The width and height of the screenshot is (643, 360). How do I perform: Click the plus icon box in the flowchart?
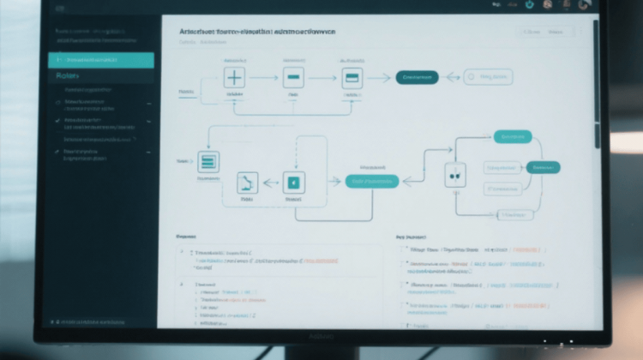[234, 78]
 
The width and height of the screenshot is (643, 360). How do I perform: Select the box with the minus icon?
[294, 78]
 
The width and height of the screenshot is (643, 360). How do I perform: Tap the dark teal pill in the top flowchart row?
[417, 77]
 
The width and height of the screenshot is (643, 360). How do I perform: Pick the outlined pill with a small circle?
[488, 77]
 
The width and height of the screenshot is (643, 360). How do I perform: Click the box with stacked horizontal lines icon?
[208, 162]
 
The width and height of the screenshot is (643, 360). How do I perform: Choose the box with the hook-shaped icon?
[247, 182]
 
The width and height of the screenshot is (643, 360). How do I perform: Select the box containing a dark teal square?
[294, 182]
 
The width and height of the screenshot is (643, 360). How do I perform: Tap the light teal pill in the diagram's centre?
[371, 181]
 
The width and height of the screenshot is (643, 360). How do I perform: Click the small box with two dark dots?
[454, 175]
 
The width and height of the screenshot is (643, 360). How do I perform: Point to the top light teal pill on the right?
[513, 136]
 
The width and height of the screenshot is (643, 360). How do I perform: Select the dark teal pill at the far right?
[542, 168]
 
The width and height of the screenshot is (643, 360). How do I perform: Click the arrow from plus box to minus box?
[264, 78]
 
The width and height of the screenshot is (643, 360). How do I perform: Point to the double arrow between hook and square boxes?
[270, 182]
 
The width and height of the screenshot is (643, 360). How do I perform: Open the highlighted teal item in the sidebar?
[101, 60]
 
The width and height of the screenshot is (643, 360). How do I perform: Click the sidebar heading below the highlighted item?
[67, 75]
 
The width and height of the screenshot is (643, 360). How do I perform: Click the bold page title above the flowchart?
[257, 31]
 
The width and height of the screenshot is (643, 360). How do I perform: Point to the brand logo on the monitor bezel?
[319, 338]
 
